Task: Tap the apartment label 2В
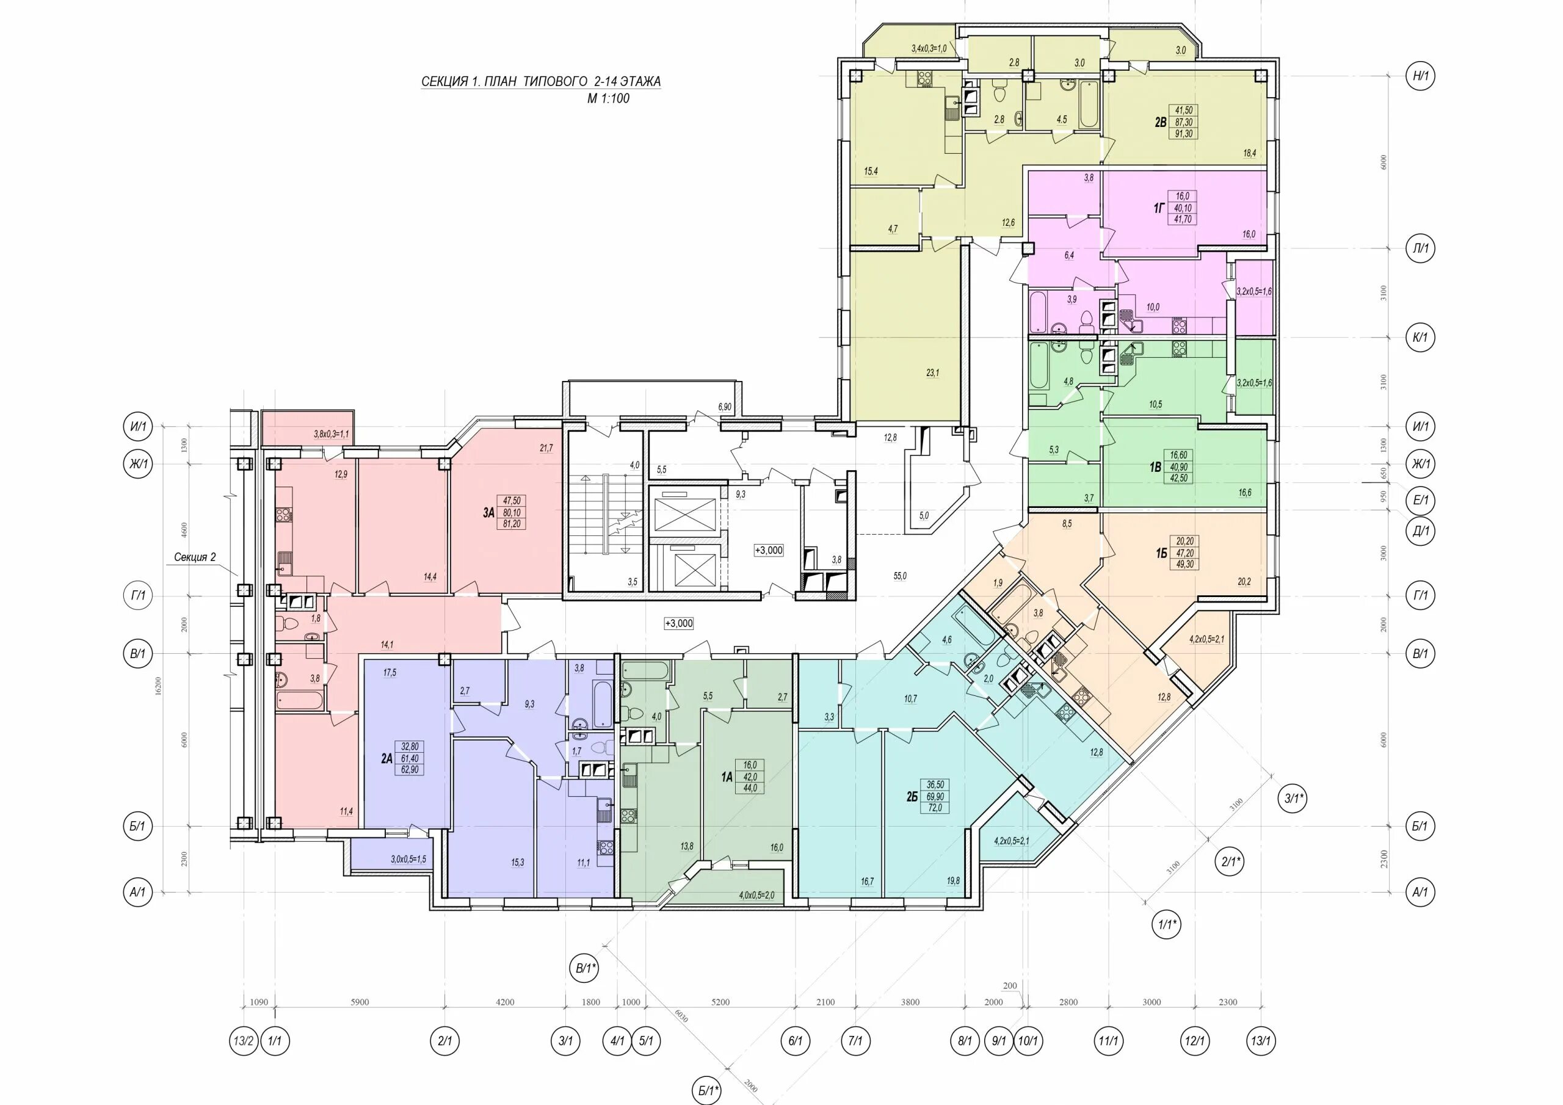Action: point(1160,123)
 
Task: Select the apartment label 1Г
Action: point(1159,208)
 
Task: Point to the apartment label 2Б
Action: point(912,796)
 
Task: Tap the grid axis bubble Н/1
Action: point(1420,76)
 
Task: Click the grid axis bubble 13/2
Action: point(243,1041)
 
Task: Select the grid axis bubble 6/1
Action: point(796,1041)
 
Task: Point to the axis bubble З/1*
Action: point(1293,799)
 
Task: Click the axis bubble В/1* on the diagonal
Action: point(584,968)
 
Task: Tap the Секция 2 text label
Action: point(195,557)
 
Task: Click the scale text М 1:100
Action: point(609,98)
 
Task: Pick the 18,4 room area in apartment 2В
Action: point(1249,154)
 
